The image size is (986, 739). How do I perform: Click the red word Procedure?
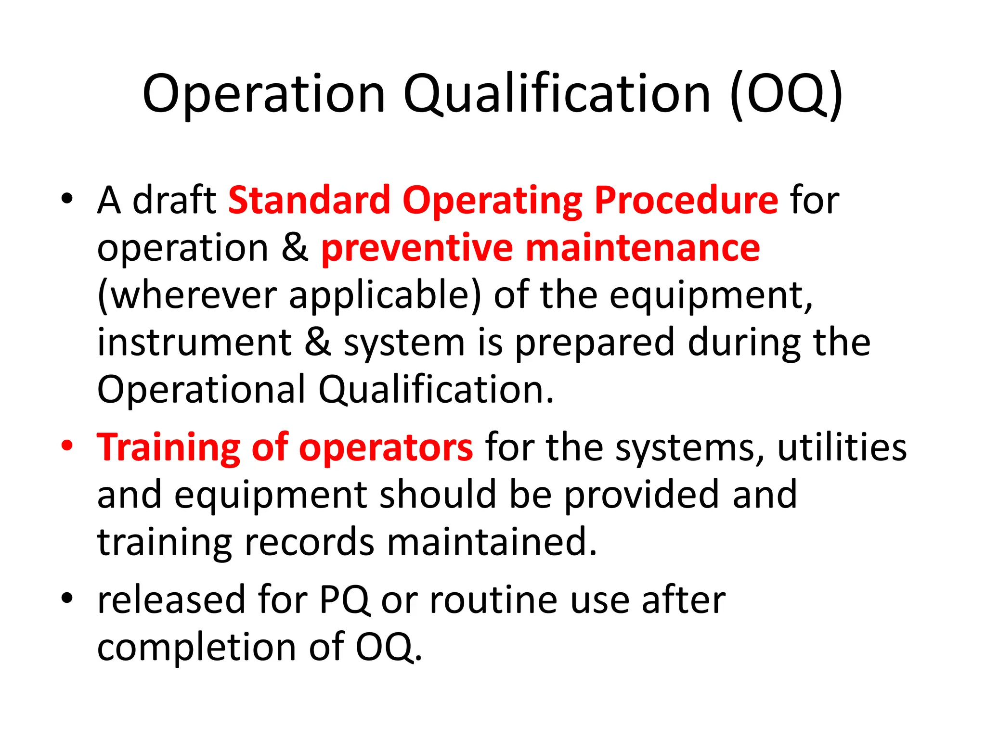[x=686, y=200]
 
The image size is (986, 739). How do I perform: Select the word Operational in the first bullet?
[x=201, y=389]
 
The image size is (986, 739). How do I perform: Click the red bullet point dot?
[x=67, y=445]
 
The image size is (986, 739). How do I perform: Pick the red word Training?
[x=169, y=448]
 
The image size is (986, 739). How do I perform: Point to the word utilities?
[x=842, y=448]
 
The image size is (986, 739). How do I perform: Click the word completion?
[x=196, y=647]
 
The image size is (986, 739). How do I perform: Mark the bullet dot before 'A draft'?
[x=67, y=198]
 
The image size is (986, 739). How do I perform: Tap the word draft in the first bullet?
[x=174, y=200]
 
